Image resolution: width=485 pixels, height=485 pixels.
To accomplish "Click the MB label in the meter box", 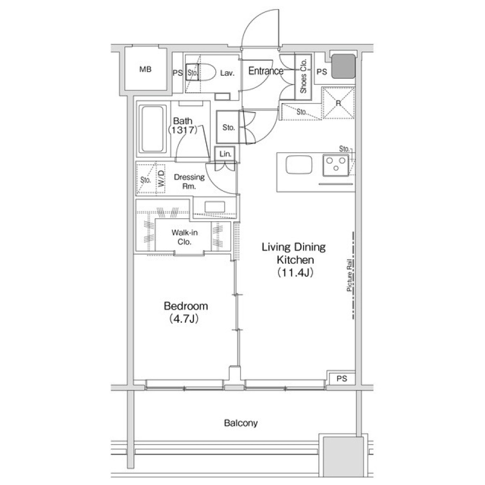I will click(145, 70).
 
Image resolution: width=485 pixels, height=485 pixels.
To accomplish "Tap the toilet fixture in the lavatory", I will click(205, 72).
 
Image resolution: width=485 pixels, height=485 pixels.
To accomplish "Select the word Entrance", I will click(265, 71).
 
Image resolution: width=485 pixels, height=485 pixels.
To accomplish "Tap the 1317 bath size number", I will click(182, 130).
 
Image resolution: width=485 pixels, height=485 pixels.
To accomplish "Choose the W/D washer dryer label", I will click(161, 178).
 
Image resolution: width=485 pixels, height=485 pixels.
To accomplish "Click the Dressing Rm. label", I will click(189, 181).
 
